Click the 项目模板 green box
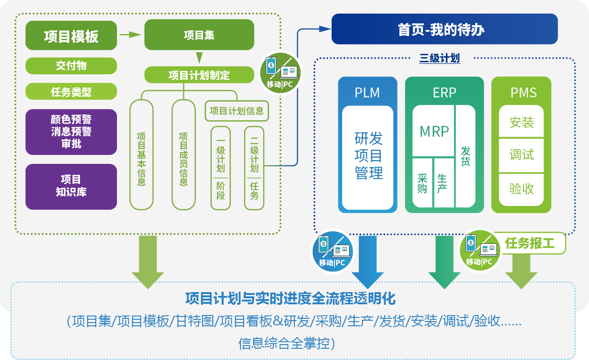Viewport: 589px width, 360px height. point(71,36)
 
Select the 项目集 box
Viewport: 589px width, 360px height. point(199,35)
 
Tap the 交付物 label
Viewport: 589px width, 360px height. point(71,66)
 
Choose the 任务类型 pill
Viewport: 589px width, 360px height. point(71,91)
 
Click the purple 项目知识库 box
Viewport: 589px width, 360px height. point(71,186)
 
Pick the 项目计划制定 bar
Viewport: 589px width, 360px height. point(199,75)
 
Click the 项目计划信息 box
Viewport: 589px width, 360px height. point(237,111)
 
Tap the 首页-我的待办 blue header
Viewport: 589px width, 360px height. point(444,29)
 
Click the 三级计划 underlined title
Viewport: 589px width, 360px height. point(439,59)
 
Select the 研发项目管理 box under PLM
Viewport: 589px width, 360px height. point(368,157)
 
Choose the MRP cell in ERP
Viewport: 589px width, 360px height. point(434,132)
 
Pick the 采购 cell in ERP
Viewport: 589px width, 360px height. point(422,183)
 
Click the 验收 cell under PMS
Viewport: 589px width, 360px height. point(521,189)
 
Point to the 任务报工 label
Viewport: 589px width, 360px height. point(529,243)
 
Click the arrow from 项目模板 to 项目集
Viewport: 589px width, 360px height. point(130,34)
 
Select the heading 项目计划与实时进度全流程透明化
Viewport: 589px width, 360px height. point(291,298)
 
